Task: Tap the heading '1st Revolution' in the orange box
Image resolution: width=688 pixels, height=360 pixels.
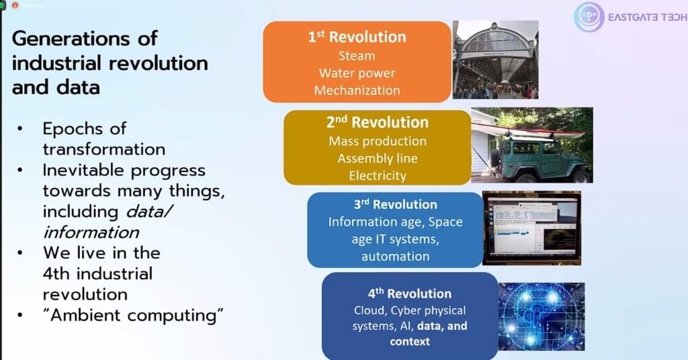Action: pyautogui.click(x=357, y=37)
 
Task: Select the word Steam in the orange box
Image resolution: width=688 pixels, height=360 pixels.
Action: pyautogui.click(x=357, y=56)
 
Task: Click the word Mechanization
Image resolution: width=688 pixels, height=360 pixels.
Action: pyautogui.click(x=357, y=90)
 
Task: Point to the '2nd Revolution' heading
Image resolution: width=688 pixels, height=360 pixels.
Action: pyautogui.click(x=378, y=122)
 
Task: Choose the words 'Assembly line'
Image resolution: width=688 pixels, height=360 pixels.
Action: pyautogui.click(x=378, y=159)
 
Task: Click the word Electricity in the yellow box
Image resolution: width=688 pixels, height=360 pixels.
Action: pyautogui.click(x=378, y=176)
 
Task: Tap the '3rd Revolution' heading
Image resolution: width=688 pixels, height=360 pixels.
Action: pyautogui.click(x=395, y=204)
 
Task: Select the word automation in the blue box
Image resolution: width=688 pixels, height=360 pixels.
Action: pyautogui.click(x=395, y=256)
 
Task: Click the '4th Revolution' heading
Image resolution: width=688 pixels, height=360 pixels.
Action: pyautogui.click(x=410, y=294)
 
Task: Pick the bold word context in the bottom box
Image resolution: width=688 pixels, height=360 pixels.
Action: pyautogui.click(x=410, y=341)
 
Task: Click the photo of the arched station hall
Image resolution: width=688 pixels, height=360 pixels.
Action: pyautogui.click(x=495, y=60)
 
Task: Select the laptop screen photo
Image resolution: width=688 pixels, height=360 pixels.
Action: pyautogui.click(x=532, y=228)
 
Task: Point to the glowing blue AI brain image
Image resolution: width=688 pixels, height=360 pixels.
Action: pyautogui.click(x=542, y=316)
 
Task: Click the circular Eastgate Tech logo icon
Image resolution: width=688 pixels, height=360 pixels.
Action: pyautogui.click(x=589, y=17)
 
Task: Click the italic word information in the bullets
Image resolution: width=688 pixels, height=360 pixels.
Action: pyautogui.click(x=91, y=232)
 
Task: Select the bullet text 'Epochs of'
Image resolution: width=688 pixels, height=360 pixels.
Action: pyautogui.click(x=84, y=128)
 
